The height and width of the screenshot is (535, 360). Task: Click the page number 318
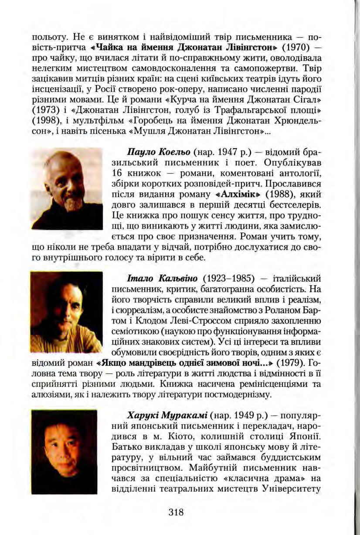click(x=176, y=512)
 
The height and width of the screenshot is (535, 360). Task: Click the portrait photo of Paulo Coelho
click(x=67, y=188)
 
